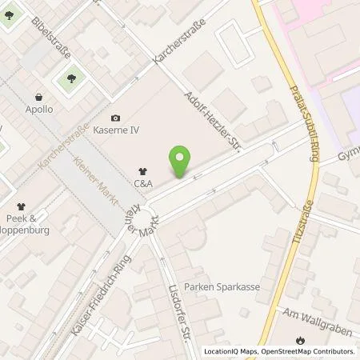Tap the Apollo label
(x=39, y=109)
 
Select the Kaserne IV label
(x=117, y=131)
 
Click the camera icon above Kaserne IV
(x=117, y=118)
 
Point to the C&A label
(x=143, y=183)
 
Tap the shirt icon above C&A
(x=143, y=170)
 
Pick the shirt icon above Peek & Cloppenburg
(x=21, y=206)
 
